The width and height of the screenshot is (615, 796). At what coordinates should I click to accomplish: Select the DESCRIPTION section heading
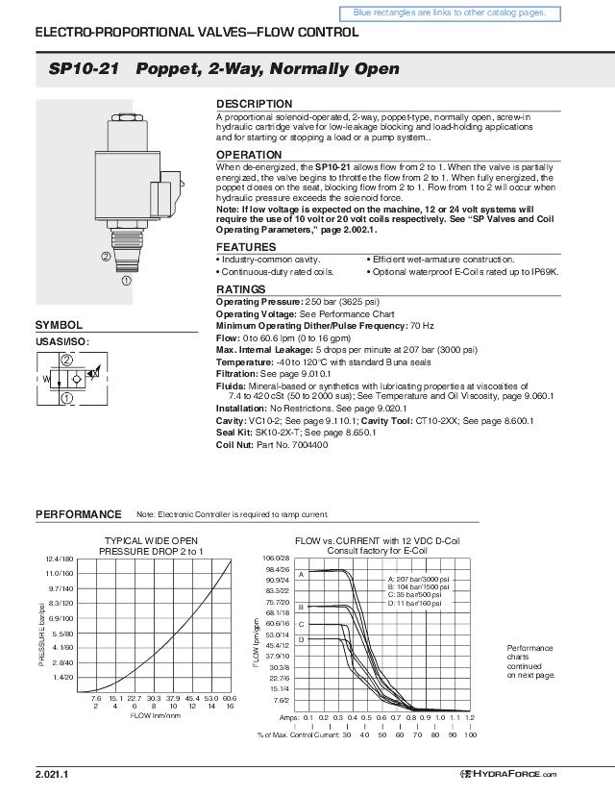(x=254, y=104)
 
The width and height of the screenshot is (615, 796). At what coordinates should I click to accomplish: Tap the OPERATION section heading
(x=249, y=155)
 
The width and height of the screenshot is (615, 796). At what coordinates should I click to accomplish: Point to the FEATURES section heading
(x=245, y=247)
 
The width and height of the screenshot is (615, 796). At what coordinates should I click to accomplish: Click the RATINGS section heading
(x=240, y=289)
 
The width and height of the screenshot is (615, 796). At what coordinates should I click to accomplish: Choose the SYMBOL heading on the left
(x=59, y=326)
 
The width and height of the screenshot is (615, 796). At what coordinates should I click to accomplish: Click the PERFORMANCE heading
(x=79, y=514)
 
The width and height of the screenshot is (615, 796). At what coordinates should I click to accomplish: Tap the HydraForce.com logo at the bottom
(x=508, y=774)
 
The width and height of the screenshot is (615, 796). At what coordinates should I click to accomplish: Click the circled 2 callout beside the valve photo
(x=105, y=256)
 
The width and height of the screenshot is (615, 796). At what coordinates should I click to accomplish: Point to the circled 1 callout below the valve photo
(x=125, y=281)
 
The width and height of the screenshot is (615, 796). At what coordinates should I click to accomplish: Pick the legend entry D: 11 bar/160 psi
(x=413, y=604)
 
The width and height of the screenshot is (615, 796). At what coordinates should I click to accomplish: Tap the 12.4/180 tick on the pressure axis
(x=60, y=559)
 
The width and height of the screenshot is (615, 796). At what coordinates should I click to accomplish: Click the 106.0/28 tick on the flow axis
(x=277, y=558)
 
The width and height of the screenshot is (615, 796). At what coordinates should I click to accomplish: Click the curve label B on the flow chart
(x=301, y=608)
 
